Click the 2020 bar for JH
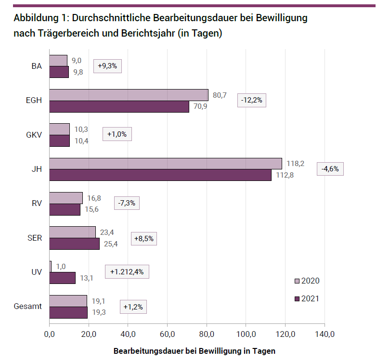point(165,164)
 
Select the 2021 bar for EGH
point(119,106)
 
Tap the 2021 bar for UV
point(63,278)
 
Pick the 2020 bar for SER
point(72,232)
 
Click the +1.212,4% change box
point(127,272)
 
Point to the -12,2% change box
point(252,100)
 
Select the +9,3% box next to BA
point(107,66)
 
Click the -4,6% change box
point(330,169)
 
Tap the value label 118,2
point(296,164)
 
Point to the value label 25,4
point(111,244)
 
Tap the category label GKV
point(34,135)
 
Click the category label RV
point(37,204)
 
